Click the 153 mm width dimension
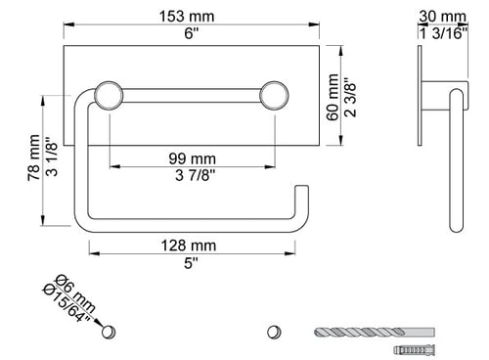187,17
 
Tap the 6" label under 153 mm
192,33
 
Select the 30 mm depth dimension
442,16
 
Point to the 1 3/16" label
443,33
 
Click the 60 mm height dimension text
333,97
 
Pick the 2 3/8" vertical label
350,97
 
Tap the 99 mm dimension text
193,158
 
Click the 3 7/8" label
196,175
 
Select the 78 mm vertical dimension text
33,157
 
